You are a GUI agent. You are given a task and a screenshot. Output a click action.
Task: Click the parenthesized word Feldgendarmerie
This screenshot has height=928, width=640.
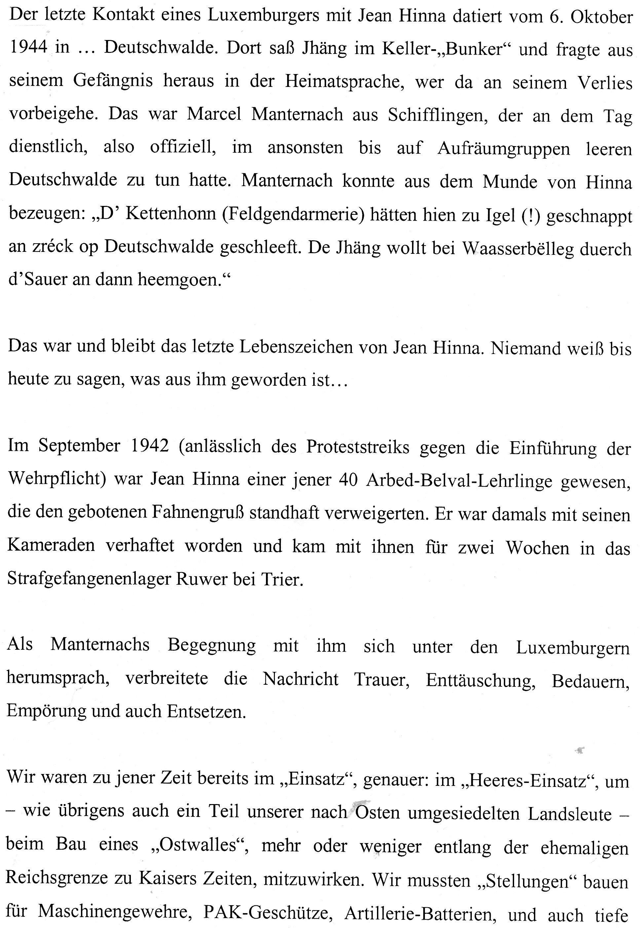(293, 216)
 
